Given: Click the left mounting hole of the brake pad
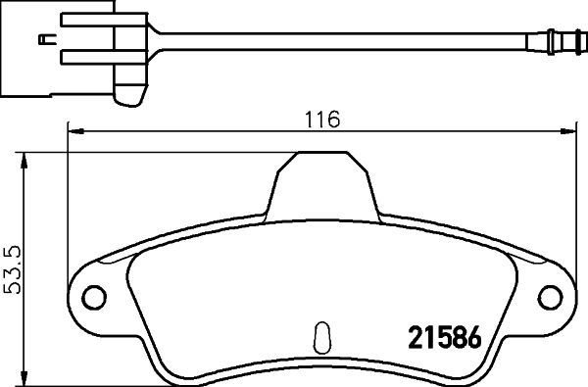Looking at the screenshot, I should point(92,297).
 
